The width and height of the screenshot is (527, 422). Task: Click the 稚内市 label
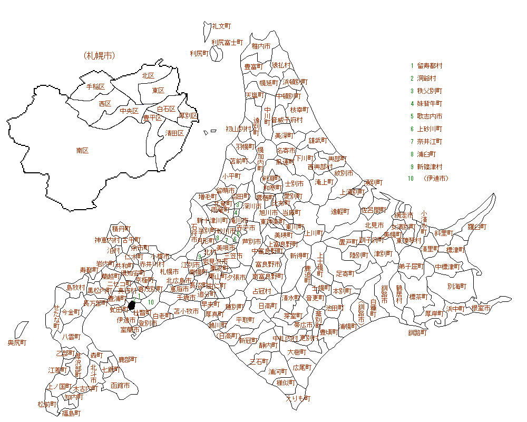[x=261, y=46]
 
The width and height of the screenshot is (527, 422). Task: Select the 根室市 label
[x=481, y=308]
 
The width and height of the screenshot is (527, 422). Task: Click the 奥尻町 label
[x=17, y=343]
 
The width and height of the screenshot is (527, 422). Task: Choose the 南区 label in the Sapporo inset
[x=82, y=151]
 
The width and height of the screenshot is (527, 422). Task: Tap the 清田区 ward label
[x=174, y=133]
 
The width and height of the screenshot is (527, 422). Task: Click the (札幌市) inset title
[x=99, y=55]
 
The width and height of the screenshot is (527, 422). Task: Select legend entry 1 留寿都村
[x=430, y=66]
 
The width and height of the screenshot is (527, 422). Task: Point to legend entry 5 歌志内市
[x=430, y=116]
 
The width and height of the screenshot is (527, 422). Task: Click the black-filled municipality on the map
[x=133, y=305]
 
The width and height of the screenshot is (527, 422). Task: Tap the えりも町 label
[x=298, y=398]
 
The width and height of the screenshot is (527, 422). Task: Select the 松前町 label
[x=47, y=405]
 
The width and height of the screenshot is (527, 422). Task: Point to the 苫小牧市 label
[x=187, y=311]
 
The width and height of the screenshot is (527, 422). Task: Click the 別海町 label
[x=457, y=287]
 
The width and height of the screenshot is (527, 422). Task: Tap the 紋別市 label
[x=343, y=173]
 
